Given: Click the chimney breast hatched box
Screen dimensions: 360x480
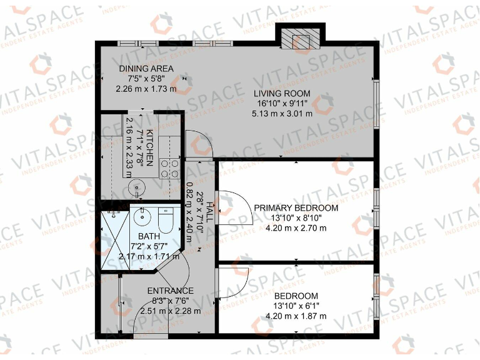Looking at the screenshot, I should click(299, 39).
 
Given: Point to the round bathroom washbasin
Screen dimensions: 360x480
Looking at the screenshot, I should click(142, 218).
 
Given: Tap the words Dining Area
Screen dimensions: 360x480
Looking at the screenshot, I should click(146, 69).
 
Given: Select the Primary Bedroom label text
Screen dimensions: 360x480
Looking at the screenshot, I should click(296, 208).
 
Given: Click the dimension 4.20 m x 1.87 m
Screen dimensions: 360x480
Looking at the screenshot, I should click(296, 316).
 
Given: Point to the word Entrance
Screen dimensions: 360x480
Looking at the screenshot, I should click(170, 291).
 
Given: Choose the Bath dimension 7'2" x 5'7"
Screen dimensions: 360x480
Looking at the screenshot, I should click(149, 246).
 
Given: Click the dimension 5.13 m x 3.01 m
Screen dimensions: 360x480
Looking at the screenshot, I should click(282, 114).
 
